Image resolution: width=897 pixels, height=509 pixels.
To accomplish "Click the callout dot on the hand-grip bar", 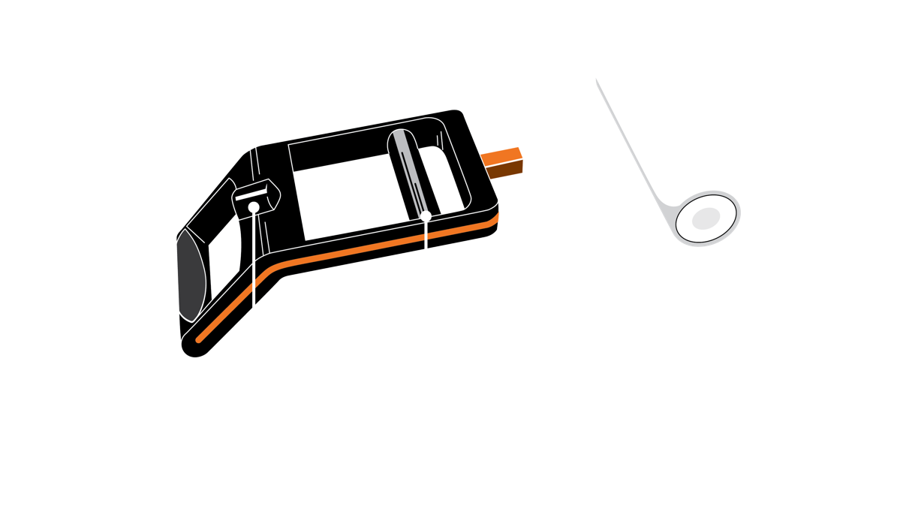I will (x=426, y=216).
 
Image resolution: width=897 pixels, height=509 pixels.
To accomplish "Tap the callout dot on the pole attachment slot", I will (x=254, y=206).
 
